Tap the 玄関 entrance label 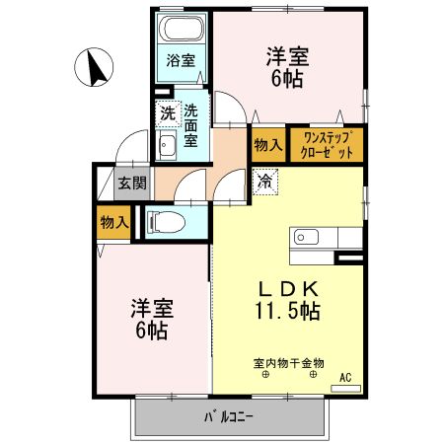point(132,183)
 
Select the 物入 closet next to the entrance point(113,223)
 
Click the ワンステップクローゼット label point(327,144)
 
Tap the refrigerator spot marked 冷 point(263,181)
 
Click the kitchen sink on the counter point(303,238)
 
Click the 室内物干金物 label point(288,363)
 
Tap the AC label point(344,377)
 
